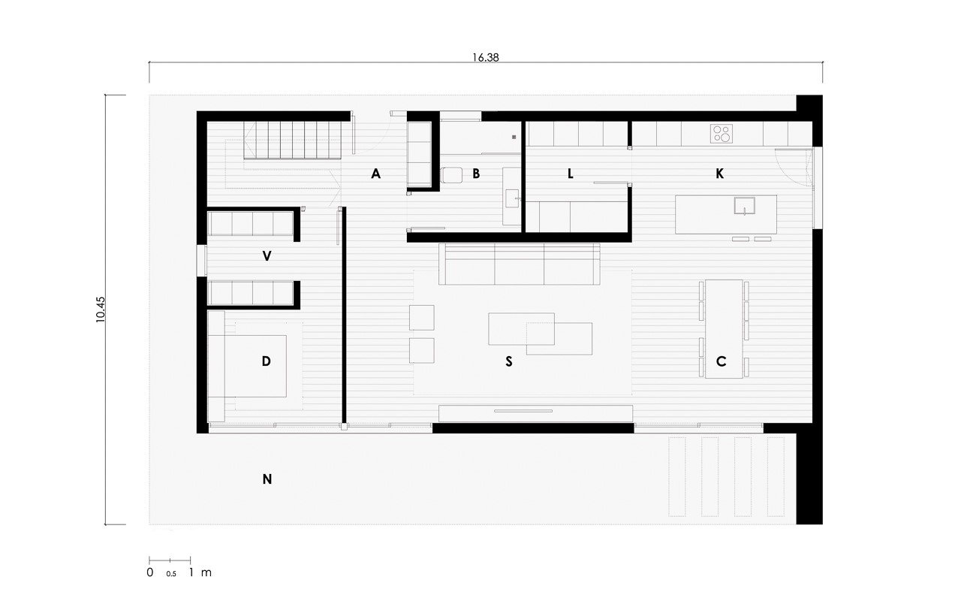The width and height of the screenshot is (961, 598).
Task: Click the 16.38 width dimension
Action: point(485,58)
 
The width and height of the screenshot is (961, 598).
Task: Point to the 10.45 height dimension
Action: point(101,309)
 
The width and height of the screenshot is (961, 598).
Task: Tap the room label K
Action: point(720,174)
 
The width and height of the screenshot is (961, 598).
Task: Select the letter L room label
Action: point(570,174)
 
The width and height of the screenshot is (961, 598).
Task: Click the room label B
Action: point(476,174)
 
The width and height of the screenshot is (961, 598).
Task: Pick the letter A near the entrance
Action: point(376,174)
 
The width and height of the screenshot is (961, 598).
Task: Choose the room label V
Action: point(267,256)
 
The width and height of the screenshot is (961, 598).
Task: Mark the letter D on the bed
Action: point(266,361)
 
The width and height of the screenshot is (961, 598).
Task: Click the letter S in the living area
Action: point(509,362)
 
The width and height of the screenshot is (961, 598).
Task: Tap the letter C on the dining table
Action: point(722,361)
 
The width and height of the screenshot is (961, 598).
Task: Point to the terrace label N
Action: point(267,479)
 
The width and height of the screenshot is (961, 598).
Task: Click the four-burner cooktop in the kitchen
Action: point(722,134)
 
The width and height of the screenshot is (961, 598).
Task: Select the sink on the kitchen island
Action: point(744,206)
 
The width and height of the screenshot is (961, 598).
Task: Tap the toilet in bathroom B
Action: point(451,175)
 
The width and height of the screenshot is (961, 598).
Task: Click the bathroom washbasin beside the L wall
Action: point(511,199)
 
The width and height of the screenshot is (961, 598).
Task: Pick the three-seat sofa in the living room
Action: point(519,264)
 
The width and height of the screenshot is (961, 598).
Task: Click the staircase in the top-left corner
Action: point(293,140)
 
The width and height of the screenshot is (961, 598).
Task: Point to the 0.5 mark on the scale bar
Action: point(171,574)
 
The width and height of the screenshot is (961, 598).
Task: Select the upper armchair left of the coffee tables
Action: point(421,318)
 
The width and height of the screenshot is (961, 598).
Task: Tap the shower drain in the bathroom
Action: point(514,137)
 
